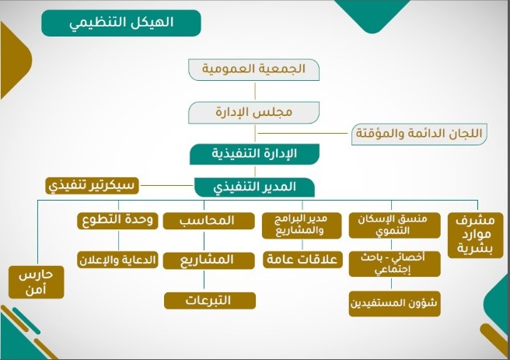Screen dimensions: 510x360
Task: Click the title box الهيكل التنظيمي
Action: coord(121,23)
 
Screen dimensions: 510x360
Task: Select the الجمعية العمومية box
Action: coord(253,69)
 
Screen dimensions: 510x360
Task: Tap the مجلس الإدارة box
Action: coord(253,113)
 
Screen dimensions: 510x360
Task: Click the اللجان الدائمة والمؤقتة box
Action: coord(419,134)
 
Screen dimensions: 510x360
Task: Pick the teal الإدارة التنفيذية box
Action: coord(254,154)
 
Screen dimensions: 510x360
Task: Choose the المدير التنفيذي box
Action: coord(254,187)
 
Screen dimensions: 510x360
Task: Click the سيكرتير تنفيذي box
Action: coord(92,186)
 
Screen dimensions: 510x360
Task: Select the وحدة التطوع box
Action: coord(117,221)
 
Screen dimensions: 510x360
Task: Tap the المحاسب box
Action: coord(208,221)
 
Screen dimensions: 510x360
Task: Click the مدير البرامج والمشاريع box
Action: coord(302,225)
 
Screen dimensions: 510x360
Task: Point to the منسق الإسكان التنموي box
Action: coord(394,225)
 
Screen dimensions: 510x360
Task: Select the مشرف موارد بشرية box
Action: coord(476,236)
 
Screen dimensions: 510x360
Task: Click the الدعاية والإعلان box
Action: coord(117,260)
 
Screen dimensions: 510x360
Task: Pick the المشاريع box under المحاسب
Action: coord(208,260)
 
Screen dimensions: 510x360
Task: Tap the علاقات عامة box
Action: coord(302,260)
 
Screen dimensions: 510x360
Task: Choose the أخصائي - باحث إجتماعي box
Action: coord(394,264)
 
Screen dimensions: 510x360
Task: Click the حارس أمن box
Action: coord(36,282)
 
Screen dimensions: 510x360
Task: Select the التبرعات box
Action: coord(210,300)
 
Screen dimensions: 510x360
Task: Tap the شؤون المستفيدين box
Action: coord(394,304)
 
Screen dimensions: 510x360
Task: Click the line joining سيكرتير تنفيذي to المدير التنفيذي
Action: coord(166,186)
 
